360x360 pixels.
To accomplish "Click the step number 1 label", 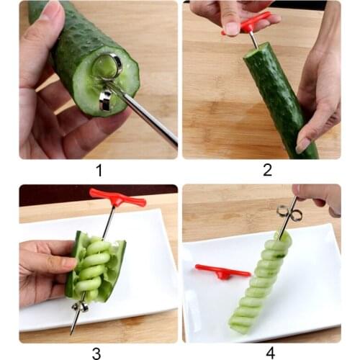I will click(x=98, y=171).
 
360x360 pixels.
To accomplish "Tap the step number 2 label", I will click(x=267, y=171).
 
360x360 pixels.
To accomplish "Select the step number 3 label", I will click(x=96, y=352).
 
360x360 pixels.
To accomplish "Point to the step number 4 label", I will click(x=269, y=352).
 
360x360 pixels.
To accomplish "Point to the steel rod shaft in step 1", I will click(x=148, y=115).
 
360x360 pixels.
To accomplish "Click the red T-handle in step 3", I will click(x=117, y=198).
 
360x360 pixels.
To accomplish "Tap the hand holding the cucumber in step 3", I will click(x=43, y=270).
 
